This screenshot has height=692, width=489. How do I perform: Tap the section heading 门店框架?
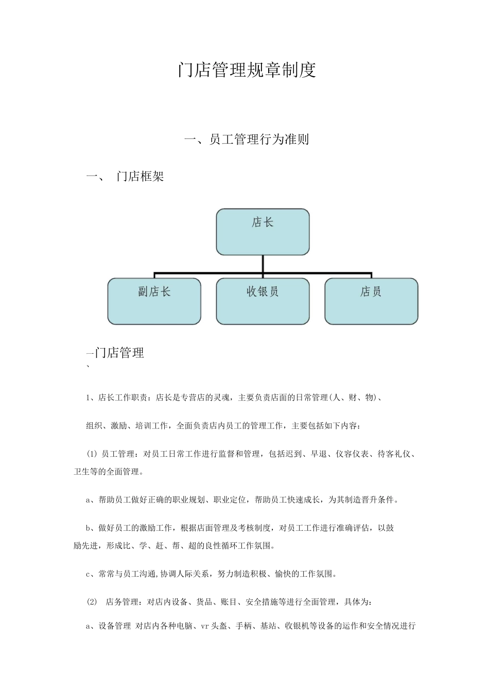coord(141,177)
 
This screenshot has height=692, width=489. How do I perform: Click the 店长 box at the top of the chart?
coord(263,232)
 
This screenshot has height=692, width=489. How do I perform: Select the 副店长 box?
coord(154,301)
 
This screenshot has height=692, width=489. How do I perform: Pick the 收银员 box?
coord(263,301)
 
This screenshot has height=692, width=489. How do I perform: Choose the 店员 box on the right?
coord(371,301)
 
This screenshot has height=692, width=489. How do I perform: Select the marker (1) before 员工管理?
coord(92,454)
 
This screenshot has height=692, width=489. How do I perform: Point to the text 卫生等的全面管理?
coord(108,471)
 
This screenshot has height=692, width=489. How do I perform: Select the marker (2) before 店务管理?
coord(92,602)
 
